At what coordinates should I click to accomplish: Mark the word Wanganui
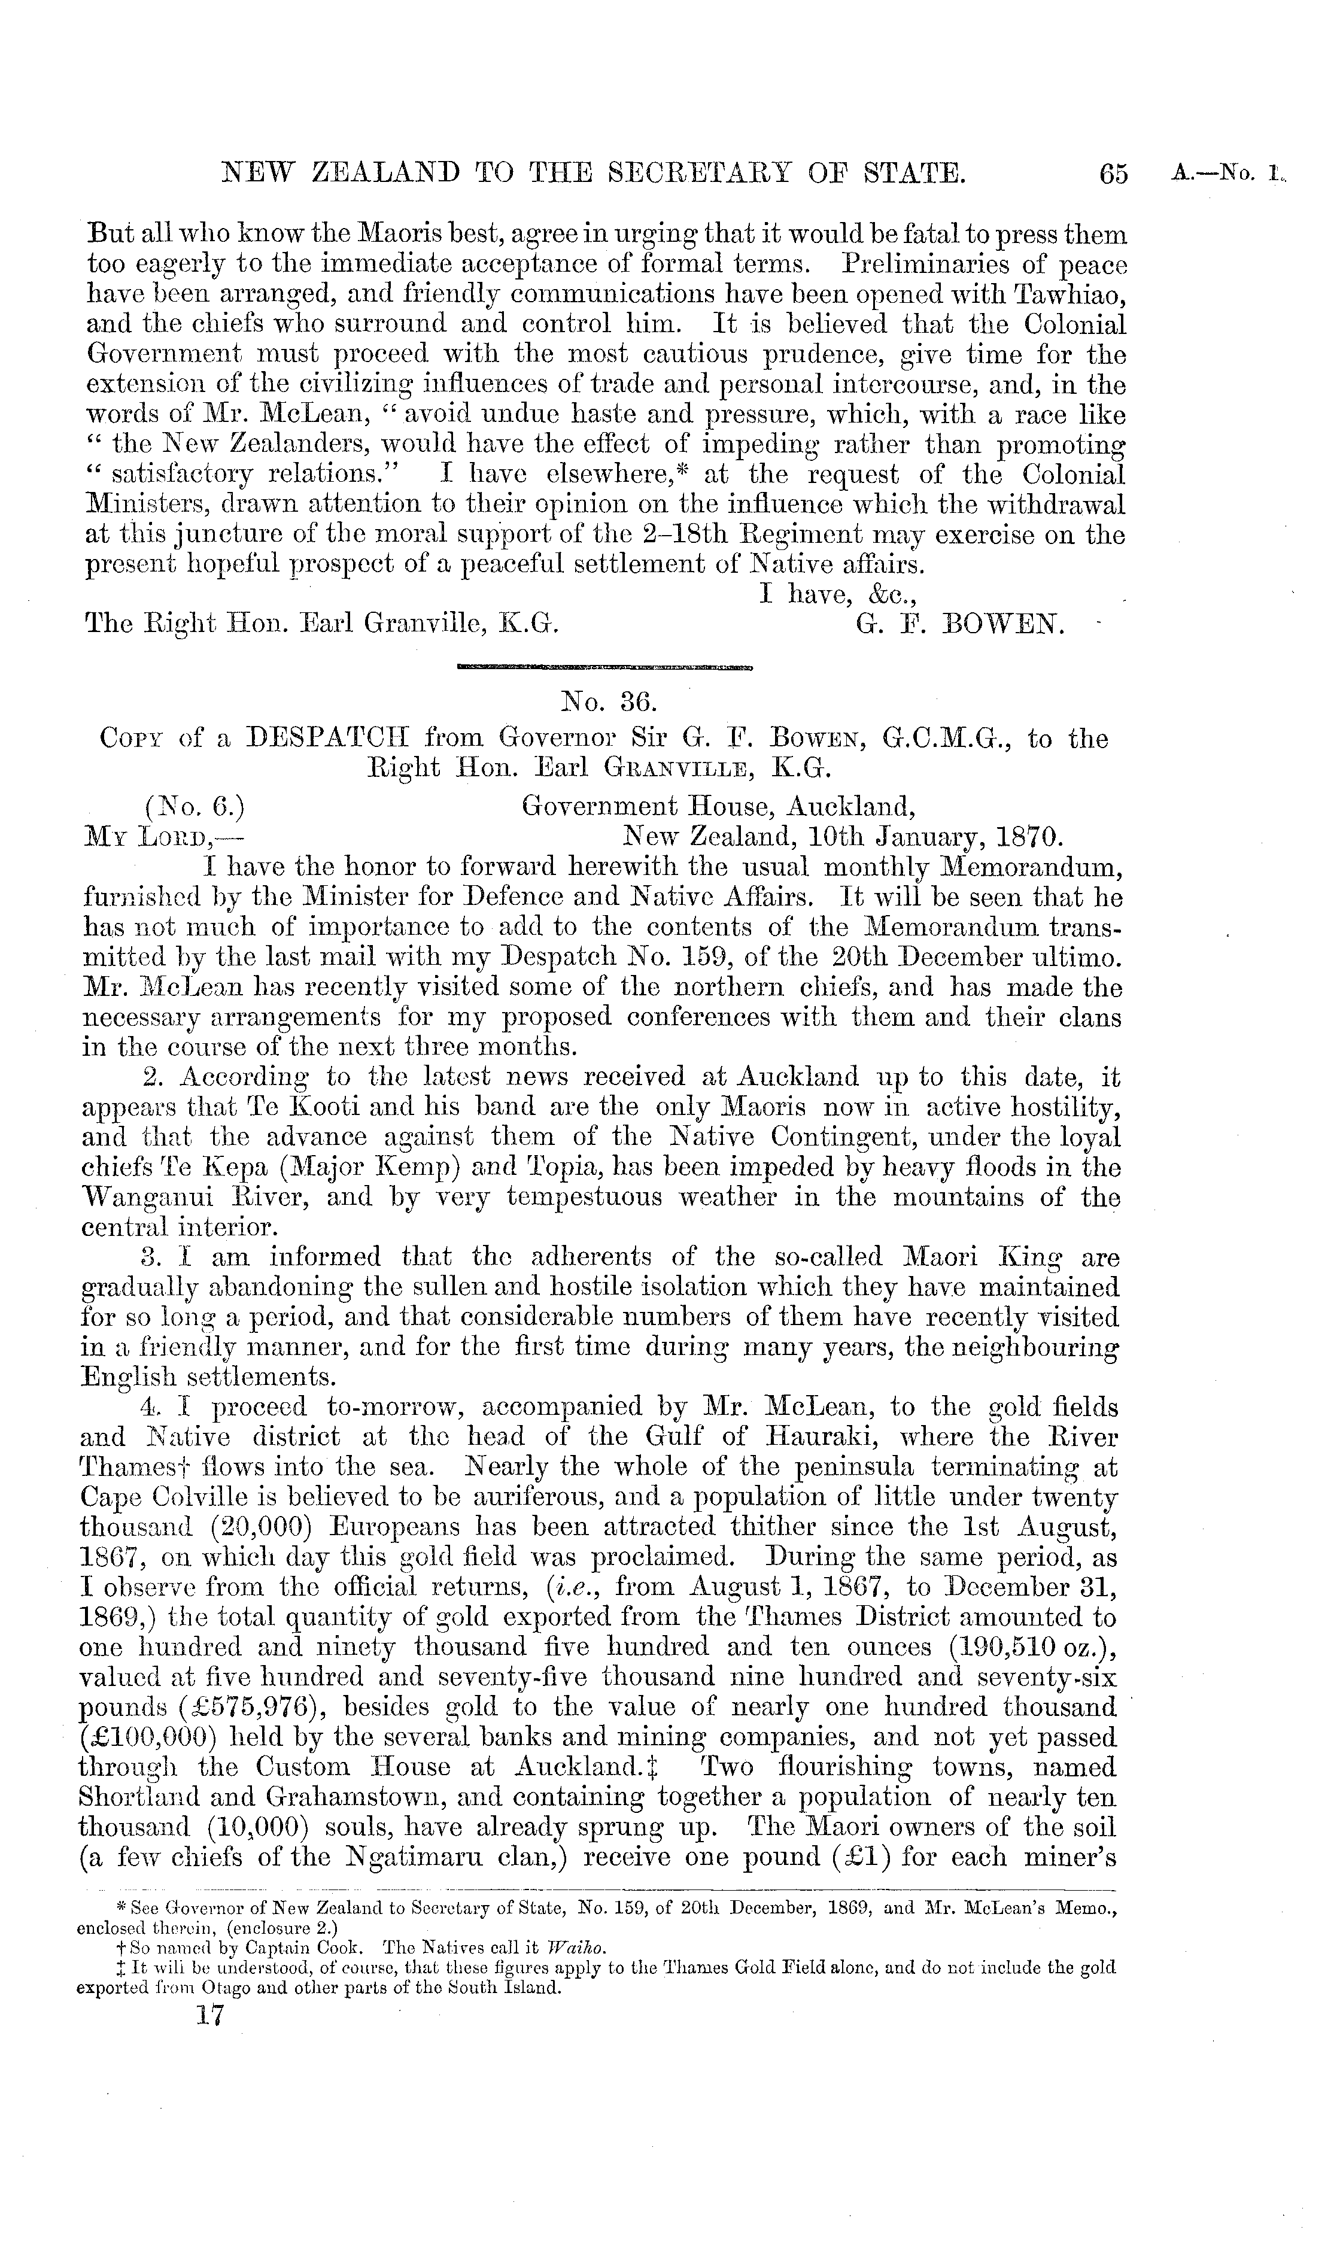147,1197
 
